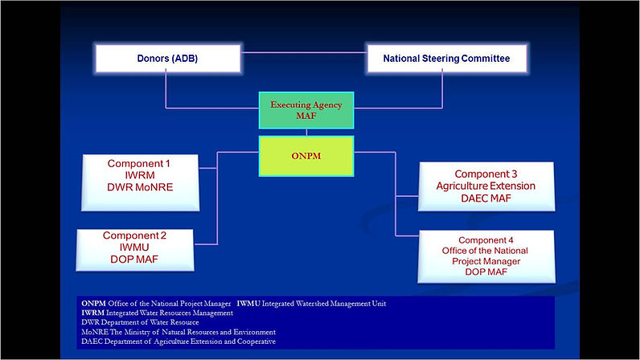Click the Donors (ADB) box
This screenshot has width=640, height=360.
tap(168, 59)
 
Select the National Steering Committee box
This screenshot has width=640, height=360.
tap(447, 59)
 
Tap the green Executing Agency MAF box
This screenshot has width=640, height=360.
tap(306, 110)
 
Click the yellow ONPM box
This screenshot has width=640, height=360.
tap(306, 156)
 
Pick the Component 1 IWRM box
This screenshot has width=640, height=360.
tap(140, 182)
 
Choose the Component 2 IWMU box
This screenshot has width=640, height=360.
tap(135, 250)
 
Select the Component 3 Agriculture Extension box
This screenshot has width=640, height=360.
tap(486, 186)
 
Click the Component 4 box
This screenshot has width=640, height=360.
tap(486, 256)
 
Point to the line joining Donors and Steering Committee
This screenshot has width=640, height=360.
tap(304, 52)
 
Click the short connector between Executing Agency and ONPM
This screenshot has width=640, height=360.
tap(306, 133)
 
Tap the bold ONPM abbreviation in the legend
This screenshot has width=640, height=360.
tap(93, 303)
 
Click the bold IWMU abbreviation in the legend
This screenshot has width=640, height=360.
tap(248, 303)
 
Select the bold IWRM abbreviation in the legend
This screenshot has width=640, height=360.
tap(92, 313)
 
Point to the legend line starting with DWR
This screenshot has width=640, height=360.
tap(140, 322)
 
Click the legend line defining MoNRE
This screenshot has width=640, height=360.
tap(178, 332)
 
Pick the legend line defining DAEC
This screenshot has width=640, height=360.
tap(178, 342)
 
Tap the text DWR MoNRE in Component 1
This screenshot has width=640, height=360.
tap(140, 187)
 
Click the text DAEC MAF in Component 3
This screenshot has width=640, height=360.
tap(486, 198)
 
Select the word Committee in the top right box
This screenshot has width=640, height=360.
tap(486, 59)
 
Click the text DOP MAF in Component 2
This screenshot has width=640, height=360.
tap(134, 260)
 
